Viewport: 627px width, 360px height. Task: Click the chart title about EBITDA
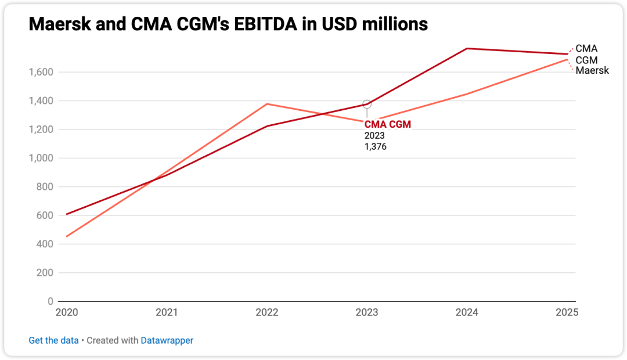click(x=228, y=24)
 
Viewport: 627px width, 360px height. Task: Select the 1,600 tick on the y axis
click(x=41, y=72)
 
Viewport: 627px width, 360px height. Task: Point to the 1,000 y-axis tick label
click(x=41, y=158)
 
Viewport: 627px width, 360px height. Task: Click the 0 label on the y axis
click(x=50, y=301)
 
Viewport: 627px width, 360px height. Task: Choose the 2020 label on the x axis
click(x=67, y=312)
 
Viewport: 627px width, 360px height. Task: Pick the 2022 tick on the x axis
click(x=267, y=312)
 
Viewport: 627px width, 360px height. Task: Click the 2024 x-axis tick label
click(x=467, y=312)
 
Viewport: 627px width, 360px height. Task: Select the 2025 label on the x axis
click(x=567, y=312)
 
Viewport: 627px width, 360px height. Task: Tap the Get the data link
click(x=53, y=340)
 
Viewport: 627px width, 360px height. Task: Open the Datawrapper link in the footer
click(x=167, y=340)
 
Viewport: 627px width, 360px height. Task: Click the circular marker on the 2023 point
click(x=367, y=104)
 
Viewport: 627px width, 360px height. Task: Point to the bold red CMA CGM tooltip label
click(x=387, y=124)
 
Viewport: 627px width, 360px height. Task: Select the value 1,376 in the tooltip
click(x=375, y=147)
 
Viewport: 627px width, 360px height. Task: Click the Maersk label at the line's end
click(x=592, y=70)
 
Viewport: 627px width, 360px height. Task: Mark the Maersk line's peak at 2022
click(x=267, y=104)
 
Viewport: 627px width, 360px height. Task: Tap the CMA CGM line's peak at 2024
click(x=467, y=48)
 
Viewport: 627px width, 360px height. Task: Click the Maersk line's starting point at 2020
click(x=67, y=236)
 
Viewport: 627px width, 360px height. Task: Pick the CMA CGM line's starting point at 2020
click(x=67, y=214)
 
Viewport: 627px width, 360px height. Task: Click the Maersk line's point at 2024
click(x=467, y=94)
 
